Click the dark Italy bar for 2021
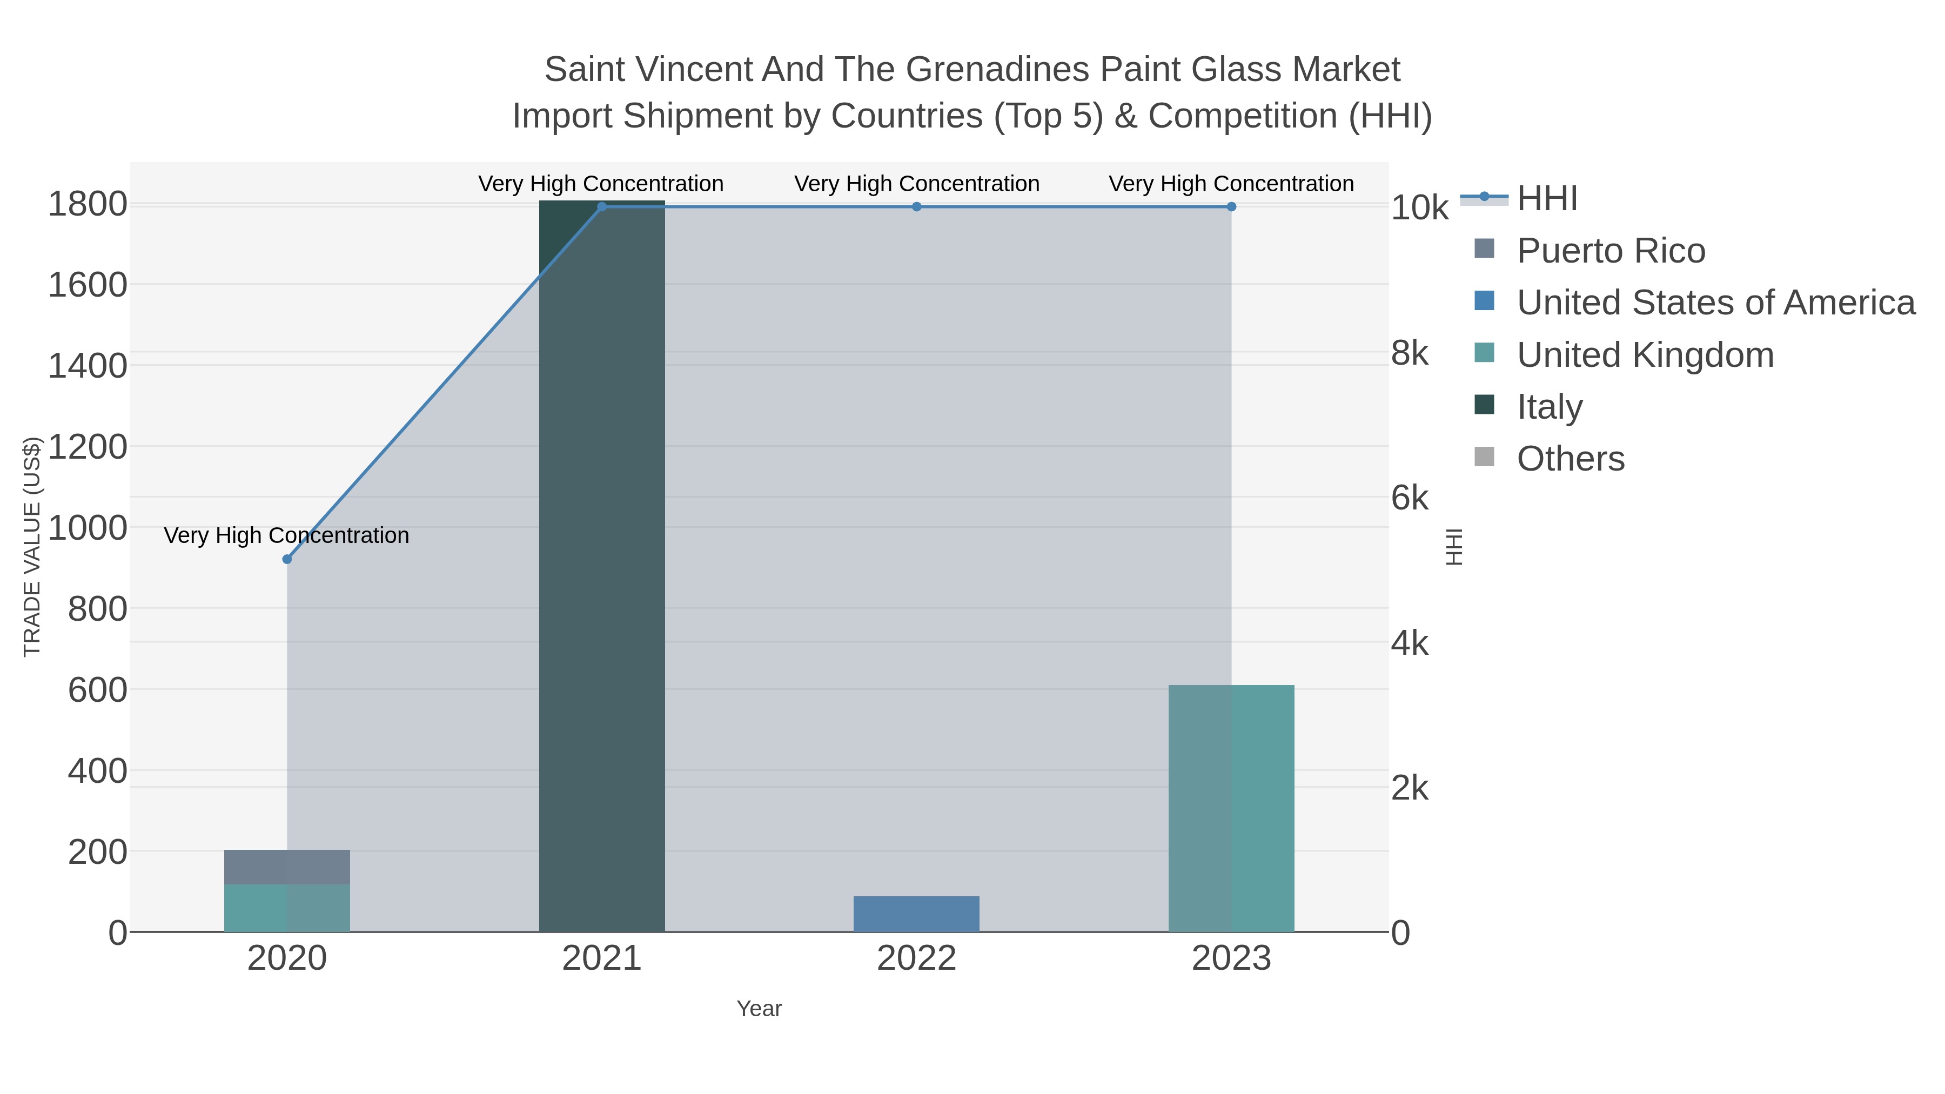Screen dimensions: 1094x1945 602,566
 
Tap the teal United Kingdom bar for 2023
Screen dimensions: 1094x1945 1231,808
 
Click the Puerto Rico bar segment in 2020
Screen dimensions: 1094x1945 287,867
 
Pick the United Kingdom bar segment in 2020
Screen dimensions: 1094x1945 287,908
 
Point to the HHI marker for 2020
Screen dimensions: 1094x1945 287,560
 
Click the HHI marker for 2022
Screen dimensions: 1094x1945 917,207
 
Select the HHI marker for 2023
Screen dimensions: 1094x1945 1231,207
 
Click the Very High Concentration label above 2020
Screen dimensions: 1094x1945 287,535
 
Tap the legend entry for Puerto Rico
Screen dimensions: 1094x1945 1611,251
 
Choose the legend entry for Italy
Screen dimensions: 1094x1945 1550,407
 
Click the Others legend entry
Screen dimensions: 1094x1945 1571,459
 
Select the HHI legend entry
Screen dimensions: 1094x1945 1546,199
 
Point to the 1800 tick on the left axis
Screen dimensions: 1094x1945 88,205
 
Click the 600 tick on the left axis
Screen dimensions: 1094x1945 97,690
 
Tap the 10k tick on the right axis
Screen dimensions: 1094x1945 1419,209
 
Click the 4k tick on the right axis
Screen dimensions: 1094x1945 1410,644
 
